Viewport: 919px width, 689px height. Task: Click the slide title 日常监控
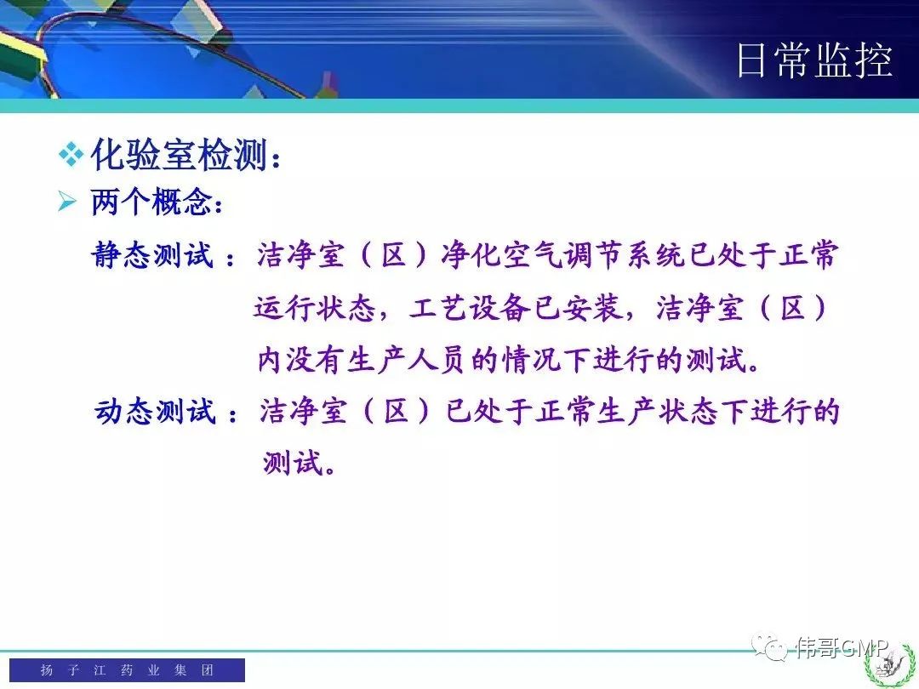pyautogui.click(x=814, y=60)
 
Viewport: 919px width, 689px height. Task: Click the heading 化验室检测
pyautogui.click(x=180, y=155)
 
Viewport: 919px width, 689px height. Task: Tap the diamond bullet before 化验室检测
pyautogui.click(x=71, y=156)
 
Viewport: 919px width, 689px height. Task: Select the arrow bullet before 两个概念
pyautogui.click(x=67, y=202)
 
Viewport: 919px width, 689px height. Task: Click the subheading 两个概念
pyautogui.click(x=151, y=202)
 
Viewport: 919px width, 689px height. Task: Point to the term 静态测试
pyautogui.click(x=153, y=255)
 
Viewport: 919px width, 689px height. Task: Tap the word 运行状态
pyautogui.click(x=315, y=307)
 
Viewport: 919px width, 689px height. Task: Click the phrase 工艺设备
pyautogui.click(x=470, y=307)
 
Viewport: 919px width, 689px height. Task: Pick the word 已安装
pyautogui.click(x=577, y=307)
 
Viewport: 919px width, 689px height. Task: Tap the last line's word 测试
pyautogui.click(x=293, y=463)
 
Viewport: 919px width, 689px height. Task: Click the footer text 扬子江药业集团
pyautogui.click(x=127, y=669)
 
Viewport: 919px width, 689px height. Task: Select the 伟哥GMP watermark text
pyautogui.click(x=842, y=647)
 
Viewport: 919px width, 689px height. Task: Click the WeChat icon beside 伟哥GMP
pyautogui.click(x=769, y=646)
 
